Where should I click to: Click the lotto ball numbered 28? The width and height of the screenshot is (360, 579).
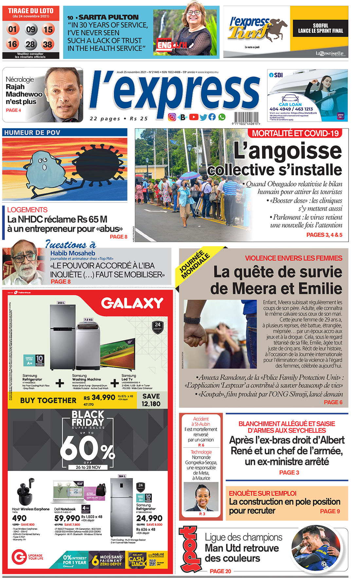coord(30,44)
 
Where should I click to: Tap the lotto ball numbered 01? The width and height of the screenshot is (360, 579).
coord(12,29)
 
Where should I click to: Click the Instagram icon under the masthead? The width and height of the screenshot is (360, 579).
coord(172,117)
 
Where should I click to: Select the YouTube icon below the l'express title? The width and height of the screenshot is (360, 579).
coord(193,117)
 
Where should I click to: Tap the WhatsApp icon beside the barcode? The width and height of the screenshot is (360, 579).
coord(222,117)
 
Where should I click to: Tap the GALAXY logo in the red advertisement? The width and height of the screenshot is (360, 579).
coord(132,303)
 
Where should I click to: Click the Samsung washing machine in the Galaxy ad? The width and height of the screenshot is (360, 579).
coord(87,345)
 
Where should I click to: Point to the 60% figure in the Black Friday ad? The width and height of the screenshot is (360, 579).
coord(87,448)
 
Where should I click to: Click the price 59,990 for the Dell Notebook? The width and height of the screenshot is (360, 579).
coord(67,518)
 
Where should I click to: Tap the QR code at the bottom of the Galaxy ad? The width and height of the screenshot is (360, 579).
coord(153,562)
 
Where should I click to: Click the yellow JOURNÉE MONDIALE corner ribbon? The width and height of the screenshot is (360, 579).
coord(194,265)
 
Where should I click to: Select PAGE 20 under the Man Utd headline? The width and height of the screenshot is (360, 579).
coord(220,571)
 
